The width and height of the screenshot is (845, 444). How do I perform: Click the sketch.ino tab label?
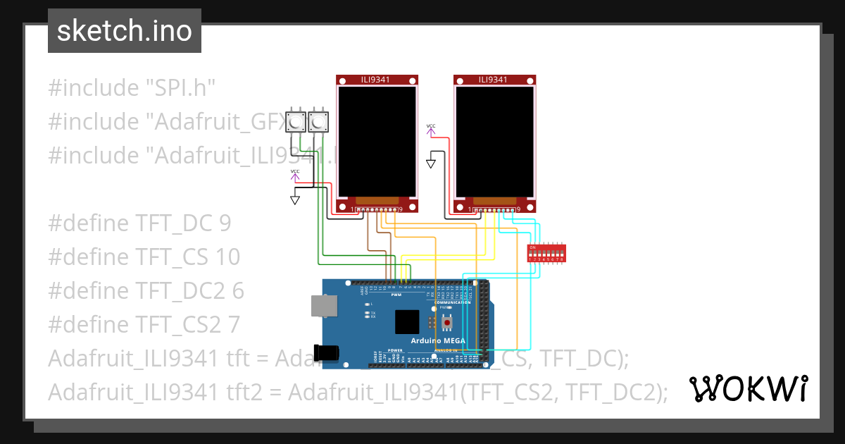click(x=124, y=31)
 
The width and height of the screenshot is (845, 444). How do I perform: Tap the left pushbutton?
click(x=296, y=123)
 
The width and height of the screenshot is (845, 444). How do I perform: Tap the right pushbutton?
click(x=318, y=123)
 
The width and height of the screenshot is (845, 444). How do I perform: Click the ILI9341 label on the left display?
click(x=377, y=80)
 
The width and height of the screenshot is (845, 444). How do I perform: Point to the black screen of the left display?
click(x=377, y=141)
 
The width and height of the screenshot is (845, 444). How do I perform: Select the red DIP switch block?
click(x=546, y=253)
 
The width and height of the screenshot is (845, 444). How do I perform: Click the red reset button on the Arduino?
click(x=446, y=323)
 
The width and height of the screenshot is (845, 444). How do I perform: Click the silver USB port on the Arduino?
click(x=323, y=305)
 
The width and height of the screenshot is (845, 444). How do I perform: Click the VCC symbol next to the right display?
click(x=431, y=128)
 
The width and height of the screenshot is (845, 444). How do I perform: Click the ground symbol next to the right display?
click(x=431, y=164)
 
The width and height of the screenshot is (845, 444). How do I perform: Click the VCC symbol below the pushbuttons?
click(x=295, y=173)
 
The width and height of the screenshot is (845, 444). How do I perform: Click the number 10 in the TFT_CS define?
click(x=225, y=257)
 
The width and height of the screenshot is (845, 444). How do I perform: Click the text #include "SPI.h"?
click(x=131, y=88)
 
